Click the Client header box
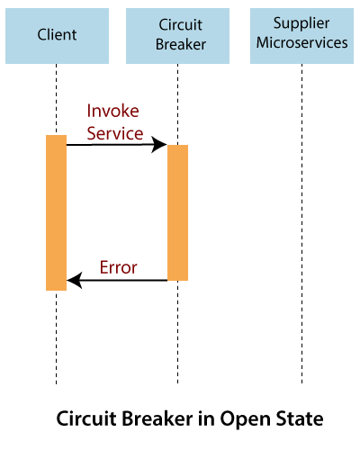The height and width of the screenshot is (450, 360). coord(57,36)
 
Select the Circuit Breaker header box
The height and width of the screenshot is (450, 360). coord(177,36)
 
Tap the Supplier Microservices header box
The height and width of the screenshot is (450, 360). coord(301,36)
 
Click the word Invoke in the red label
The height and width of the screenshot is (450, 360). coord(112,111)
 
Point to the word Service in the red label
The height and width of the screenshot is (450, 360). coord(115,133)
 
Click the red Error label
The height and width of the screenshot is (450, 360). coord(119,267)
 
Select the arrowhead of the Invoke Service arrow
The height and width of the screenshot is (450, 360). coord(159,145)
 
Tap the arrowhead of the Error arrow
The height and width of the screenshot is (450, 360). coord(75,281)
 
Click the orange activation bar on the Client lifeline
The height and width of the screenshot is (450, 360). coord(56,212)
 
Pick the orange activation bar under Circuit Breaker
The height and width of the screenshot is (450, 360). coord(177,212)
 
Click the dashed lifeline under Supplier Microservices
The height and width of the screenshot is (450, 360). coord(301,223)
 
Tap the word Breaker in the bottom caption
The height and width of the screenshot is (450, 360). coord(157,418)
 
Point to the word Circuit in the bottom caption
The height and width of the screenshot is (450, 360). coord(86,418)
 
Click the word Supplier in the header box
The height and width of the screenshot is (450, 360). coord(301,24)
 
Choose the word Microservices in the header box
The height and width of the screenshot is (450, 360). coord(301,42)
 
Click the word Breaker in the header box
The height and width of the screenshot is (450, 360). coord(181,44)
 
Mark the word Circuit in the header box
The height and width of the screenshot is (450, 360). coord(180,25)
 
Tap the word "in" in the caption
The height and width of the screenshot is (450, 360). coord(206,418)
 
